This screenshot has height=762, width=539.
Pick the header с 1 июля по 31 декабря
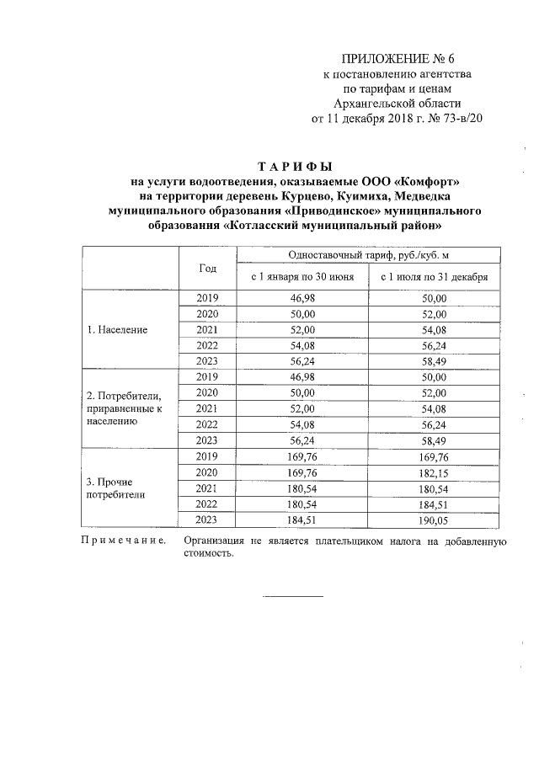[x=435, y=276]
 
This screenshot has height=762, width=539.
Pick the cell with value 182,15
[x=435, y=472]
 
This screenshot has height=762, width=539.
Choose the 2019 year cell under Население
[x=207, y=298]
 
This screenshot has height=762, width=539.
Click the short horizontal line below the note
[x=294, y=597]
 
